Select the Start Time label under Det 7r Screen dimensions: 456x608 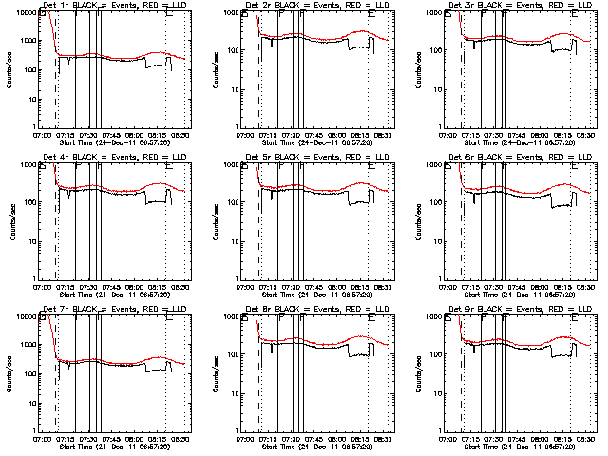coord(113,446)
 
